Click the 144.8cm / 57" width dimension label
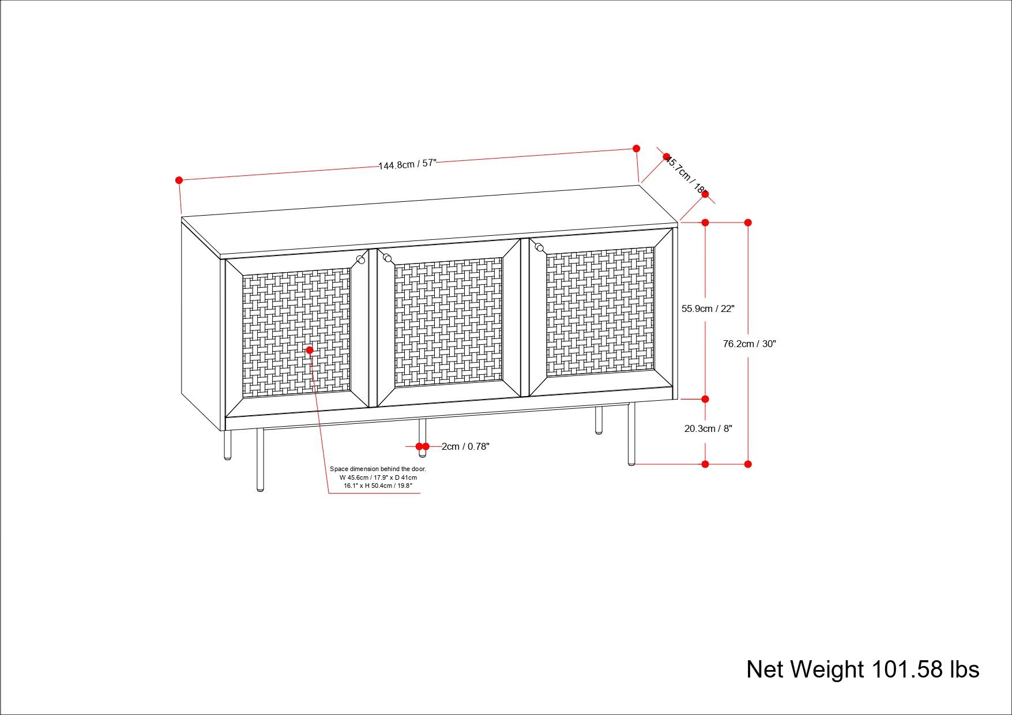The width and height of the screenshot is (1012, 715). tap(407, 164)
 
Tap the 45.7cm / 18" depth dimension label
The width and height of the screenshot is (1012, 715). tap(686, 174)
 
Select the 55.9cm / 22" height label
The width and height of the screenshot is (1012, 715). tap(708, 308)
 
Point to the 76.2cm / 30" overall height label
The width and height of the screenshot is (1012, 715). tap(750, 344)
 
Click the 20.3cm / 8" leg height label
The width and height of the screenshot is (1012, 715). tap(708, 428)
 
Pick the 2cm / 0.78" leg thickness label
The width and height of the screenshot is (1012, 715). tap(465, 446)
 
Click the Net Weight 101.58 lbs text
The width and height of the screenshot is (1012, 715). tap(863, 669)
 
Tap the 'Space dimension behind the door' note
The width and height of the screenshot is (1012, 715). tap(378, 477)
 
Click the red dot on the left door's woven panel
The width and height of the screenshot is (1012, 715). tap(310, 350)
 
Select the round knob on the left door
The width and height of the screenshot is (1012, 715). tap(361, 259)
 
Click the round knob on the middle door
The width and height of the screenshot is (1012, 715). tap(387, 257)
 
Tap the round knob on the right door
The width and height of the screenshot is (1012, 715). tap(539, 247)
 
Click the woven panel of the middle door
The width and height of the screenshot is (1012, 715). tap(448, 323)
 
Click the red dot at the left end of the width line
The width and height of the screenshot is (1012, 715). tap(179, 180)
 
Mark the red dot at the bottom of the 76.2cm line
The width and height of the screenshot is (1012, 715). tap(748, 464)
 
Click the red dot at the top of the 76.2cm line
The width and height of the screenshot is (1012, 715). tap(748, 223)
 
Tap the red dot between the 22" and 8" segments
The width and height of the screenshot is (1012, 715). tap(705, 399)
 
